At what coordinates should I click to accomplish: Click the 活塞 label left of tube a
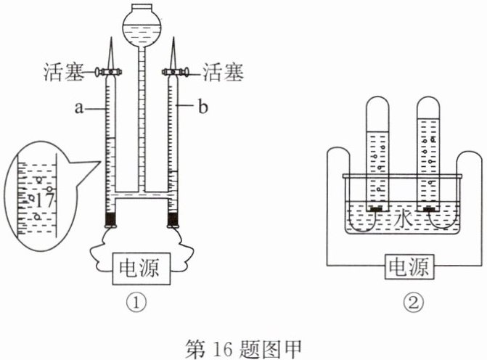coord(64,72)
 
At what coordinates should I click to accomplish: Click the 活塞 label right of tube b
coord(224,72)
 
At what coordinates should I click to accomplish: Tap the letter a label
coord(79,108)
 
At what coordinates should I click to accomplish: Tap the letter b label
coord(202,107)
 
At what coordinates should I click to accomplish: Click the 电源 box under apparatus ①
coord(142,269)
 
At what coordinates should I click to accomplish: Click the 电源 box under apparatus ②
coord(409,267)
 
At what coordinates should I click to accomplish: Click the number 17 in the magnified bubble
coord(44,200)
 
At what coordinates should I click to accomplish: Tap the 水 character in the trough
coord(403,220)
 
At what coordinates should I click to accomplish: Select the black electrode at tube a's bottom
coord(110,219)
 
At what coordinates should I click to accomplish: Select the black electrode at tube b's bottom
coord(173,219)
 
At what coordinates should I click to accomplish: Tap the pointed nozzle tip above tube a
coord(111,38)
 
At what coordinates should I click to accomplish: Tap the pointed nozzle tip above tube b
coord(173,38)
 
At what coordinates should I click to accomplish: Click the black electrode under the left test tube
coord(377,210)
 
